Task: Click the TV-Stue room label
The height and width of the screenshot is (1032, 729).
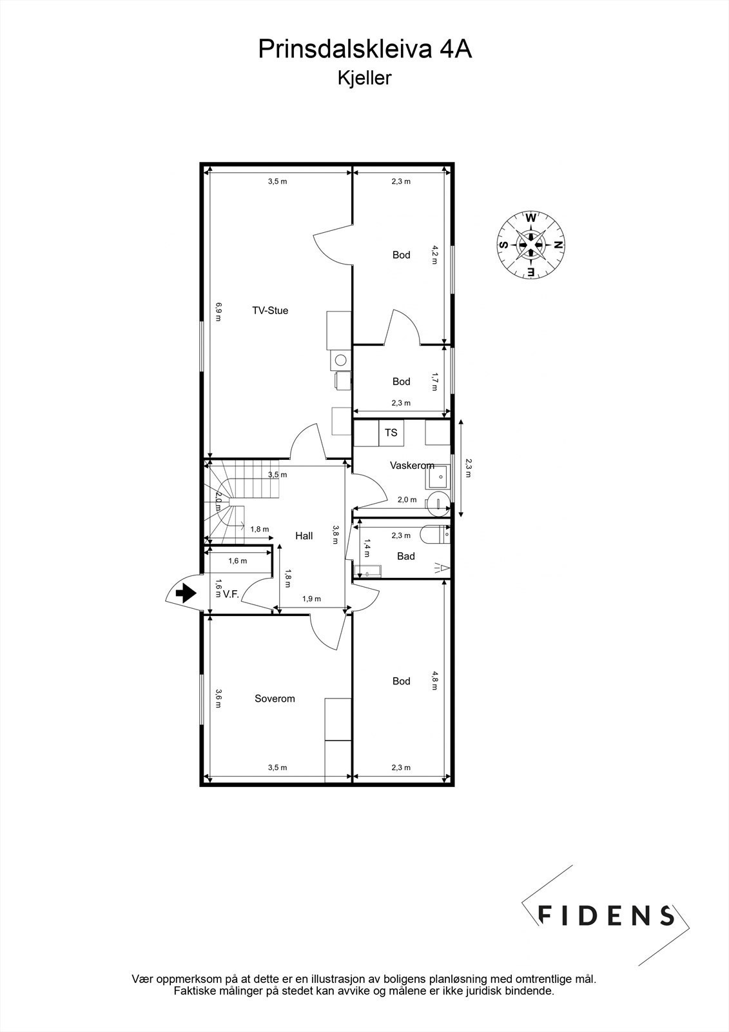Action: coord(269,310)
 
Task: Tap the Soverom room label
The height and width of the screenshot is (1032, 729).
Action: coord(275,699)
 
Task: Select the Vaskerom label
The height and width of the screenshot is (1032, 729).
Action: coord(411,465)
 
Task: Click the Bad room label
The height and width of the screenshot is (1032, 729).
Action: coord(406,556)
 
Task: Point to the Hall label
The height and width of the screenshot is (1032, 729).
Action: coord(304,535)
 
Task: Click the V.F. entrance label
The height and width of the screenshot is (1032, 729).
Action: coord(231,595)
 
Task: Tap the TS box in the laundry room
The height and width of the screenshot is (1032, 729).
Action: coord(391,433)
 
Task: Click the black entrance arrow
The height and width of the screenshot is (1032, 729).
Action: coord(186,593)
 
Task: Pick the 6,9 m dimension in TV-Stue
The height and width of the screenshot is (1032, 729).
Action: coord(219,310)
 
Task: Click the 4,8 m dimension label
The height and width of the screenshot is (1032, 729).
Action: coord(435,681)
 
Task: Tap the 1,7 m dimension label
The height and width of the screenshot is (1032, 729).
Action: coord(435,381)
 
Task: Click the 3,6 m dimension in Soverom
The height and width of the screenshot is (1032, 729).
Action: coord(219,699)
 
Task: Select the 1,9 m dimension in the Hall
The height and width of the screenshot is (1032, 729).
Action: coord(312,599)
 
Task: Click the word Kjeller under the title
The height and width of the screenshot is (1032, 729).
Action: coord(364,78)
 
